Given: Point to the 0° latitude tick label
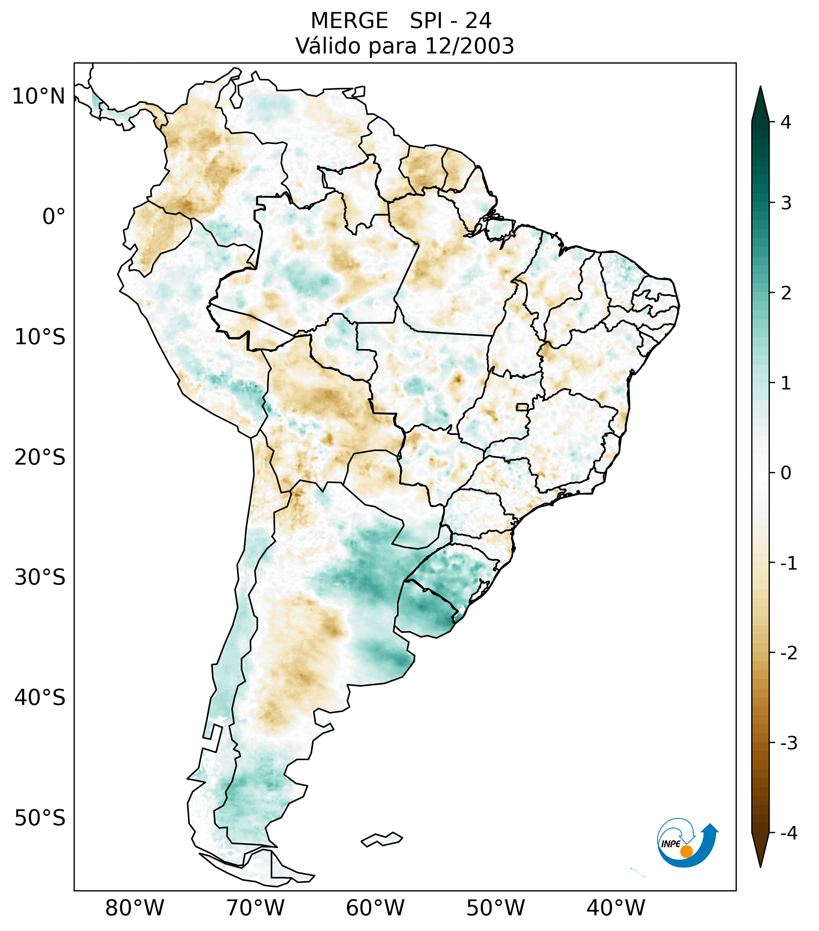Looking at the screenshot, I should (x=54, y=217).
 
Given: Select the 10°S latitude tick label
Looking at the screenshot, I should (x=40, y=337).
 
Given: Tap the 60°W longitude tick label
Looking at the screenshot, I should (x=375, y=908).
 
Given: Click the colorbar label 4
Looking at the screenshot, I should (x=786, y=122).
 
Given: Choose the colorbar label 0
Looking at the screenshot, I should (x=786, y=473).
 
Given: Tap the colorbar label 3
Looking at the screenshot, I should (x=786, y=203).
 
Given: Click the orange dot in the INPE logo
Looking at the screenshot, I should (x=686, y=851).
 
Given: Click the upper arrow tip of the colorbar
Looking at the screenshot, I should (x=760, y=89).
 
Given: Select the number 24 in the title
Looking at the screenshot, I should (x=479, y=21).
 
